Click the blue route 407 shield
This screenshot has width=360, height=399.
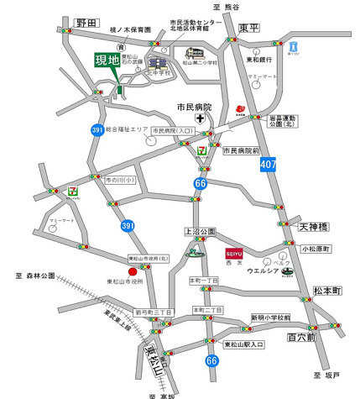pyautogui.click(x=291, y=166)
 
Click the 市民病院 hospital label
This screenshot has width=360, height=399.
pyautogui.click(x=194, y=108)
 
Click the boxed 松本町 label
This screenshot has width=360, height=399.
pyautogui.click(x=327, y=290)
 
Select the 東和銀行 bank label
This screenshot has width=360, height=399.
pyautogui.click(x=262, y=60)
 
